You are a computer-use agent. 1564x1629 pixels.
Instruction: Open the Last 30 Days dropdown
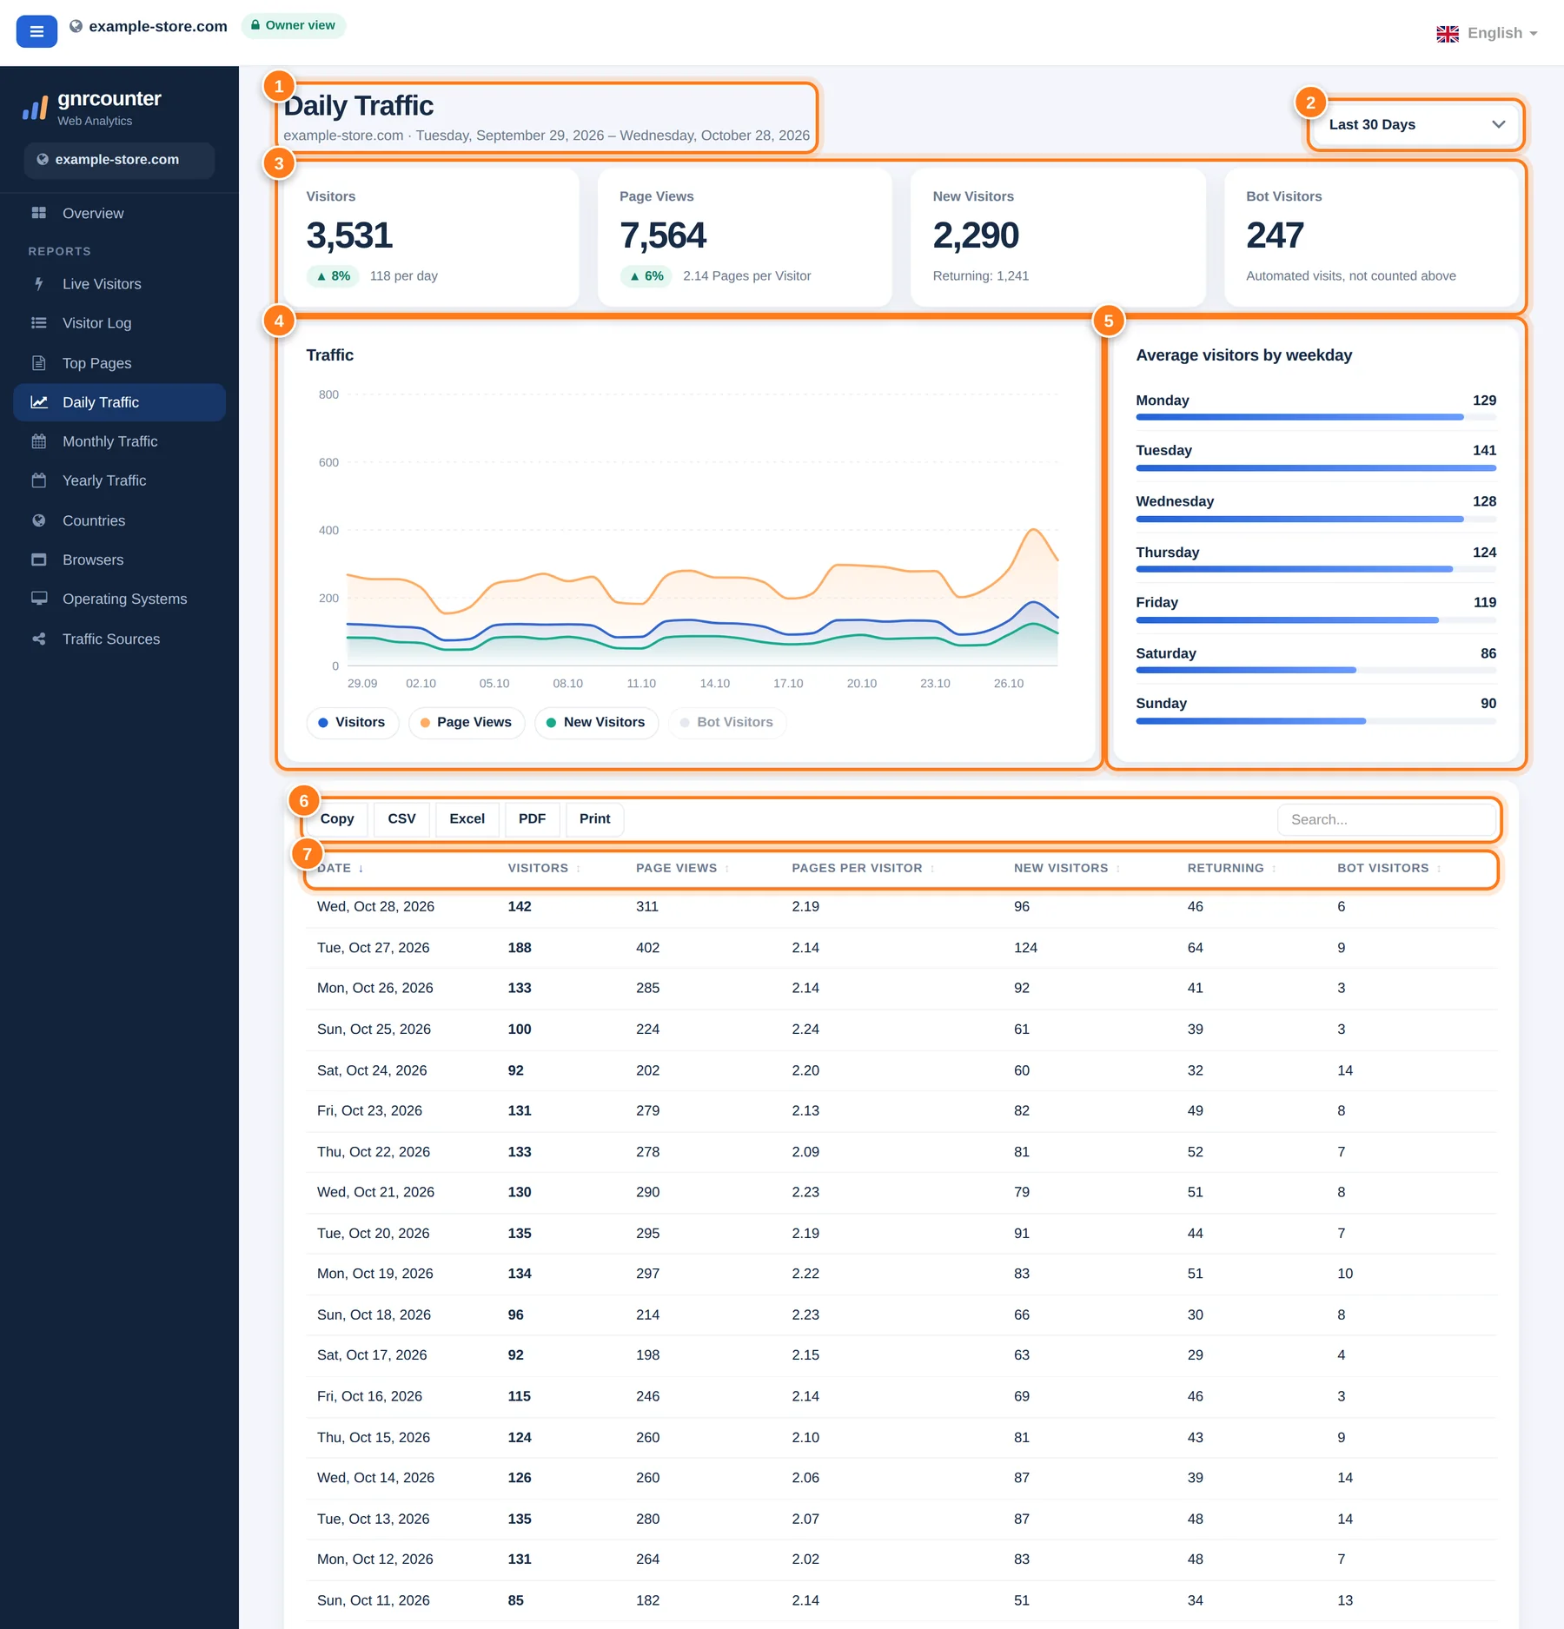click(x=1415, y=124)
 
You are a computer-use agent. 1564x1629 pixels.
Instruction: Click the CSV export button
click(x=401, y=819)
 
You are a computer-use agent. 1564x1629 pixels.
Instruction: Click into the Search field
click(x=1387, y=819)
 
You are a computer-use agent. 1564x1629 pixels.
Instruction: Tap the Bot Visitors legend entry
click(x=726, y=722)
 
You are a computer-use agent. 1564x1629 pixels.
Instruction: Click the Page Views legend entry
click(x=466, y=722)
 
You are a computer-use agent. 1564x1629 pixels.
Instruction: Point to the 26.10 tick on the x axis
click(x=1009, y=684)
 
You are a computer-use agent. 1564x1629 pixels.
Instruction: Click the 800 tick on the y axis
click(x=328, y=394)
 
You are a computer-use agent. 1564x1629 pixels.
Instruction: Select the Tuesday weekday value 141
click(x=1484, y=450)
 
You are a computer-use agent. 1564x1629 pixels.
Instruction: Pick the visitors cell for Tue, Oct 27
click(x=520, y=948)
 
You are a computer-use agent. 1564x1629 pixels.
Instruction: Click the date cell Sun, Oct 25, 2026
click(x=374, y=1030)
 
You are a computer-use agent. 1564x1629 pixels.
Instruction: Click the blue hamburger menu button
click(x=36, y=31)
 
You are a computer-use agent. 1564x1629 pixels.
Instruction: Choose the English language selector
click(x=1487, y=33)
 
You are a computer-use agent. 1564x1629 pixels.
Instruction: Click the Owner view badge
click(x=293, y=25)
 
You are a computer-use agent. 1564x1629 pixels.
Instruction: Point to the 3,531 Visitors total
click(x=349, y=235)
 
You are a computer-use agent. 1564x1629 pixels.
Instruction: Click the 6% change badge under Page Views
click(x=646, y=276)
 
